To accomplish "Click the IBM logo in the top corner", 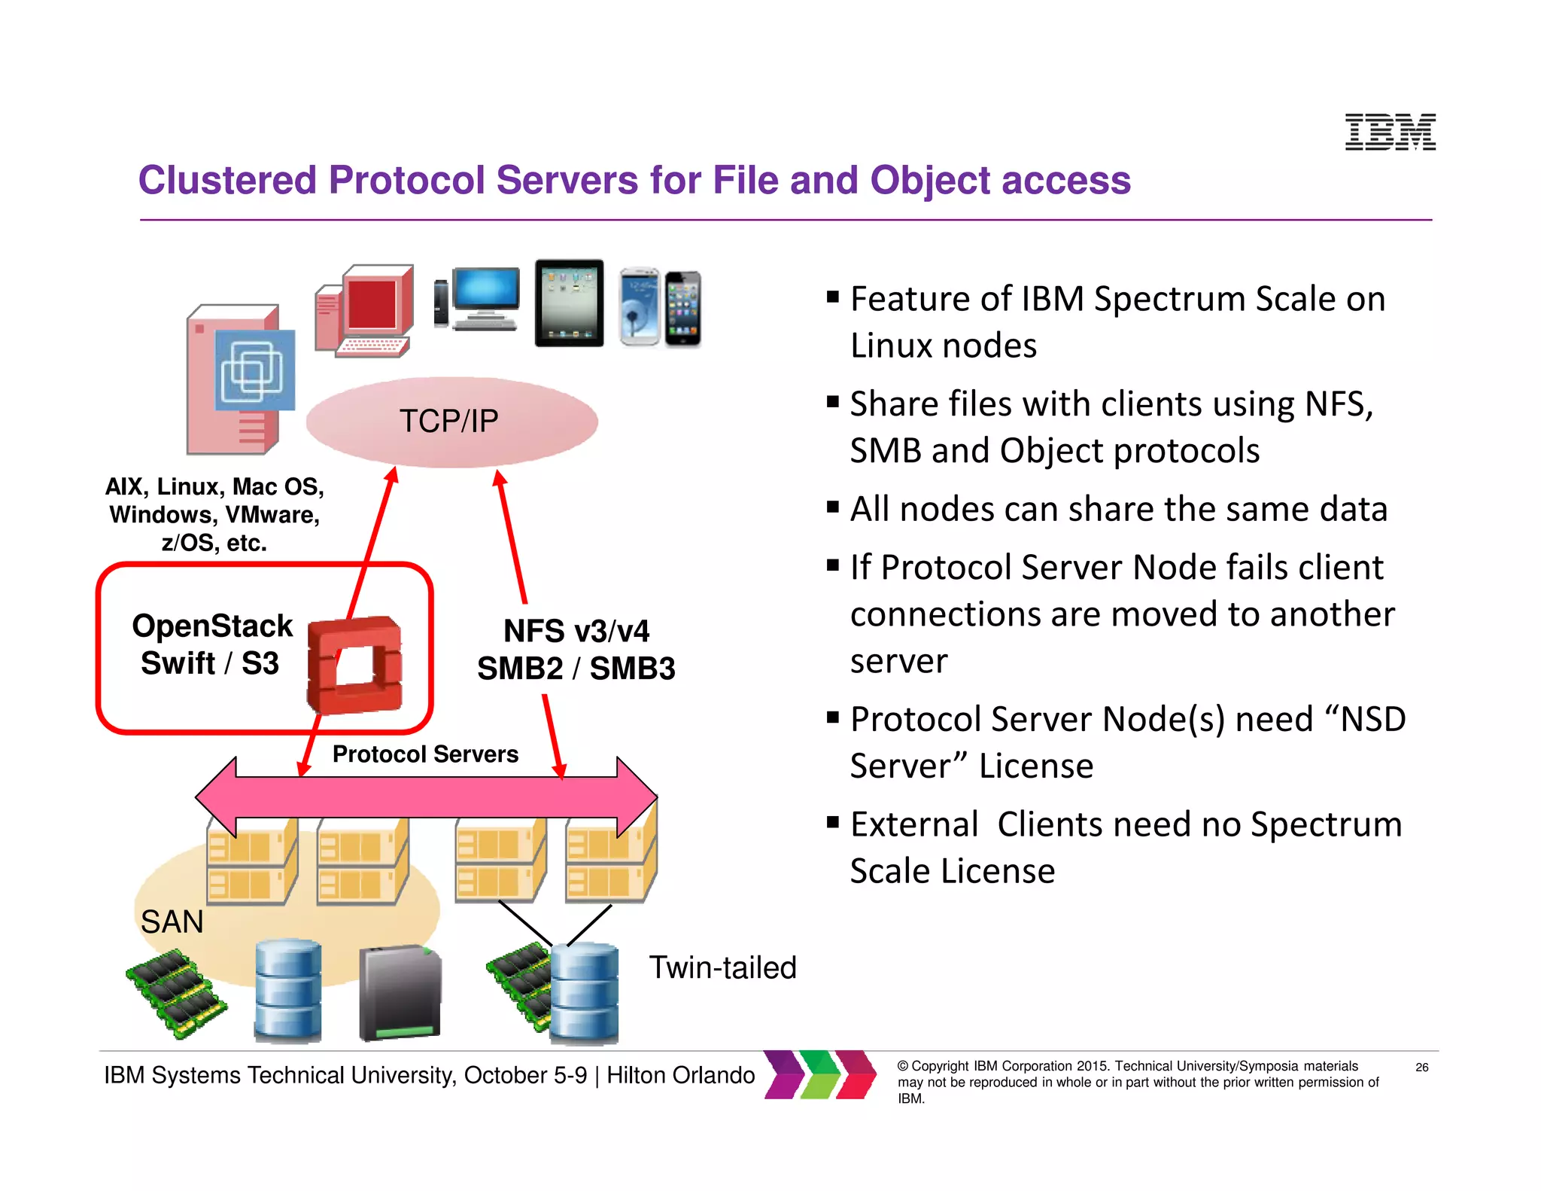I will [1390, 133].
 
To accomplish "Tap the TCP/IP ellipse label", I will [449, 422].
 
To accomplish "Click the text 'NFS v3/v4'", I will [576, 631].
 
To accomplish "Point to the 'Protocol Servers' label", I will [425, 754].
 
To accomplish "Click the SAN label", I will [172, 922].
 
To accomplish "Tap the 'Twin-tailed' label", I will [722, 968].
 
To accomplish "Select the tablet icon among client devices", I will [569, 303].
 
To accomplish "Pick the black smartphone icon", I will [683, 309].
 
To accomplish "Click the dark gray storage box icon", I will [400, 992].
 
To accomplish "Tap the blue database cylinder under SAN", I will [287, 990].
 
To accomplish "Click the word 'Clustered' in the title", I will [227, 181].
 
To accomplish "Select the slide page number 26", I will [1421, 1068].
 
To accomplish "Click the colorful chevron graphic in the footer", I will [820, 1075].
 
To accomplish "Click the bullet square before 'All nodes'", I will [832, 507].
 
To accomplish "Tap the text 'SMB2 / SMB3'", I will [576, 669].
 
